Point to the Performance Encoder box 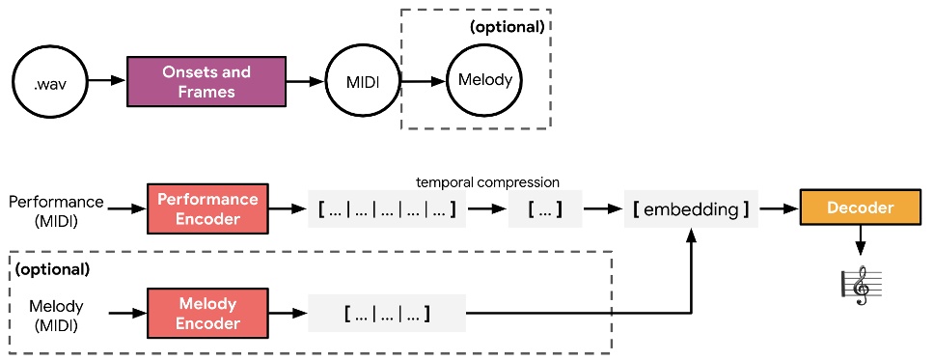click(208, 208)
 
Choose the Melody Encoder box click(208, 314)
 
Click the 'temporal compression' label click(487, 181)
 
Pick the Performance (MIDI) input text click(55, 210)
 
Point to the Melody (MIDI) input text click(55, 316)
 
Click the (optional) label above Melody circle click(508, 27)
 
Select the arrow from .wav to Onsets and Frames click(106, 81)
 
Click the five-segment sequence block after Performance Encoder click(386, 208)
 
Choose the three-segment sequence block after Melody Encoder click(386, 314)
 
